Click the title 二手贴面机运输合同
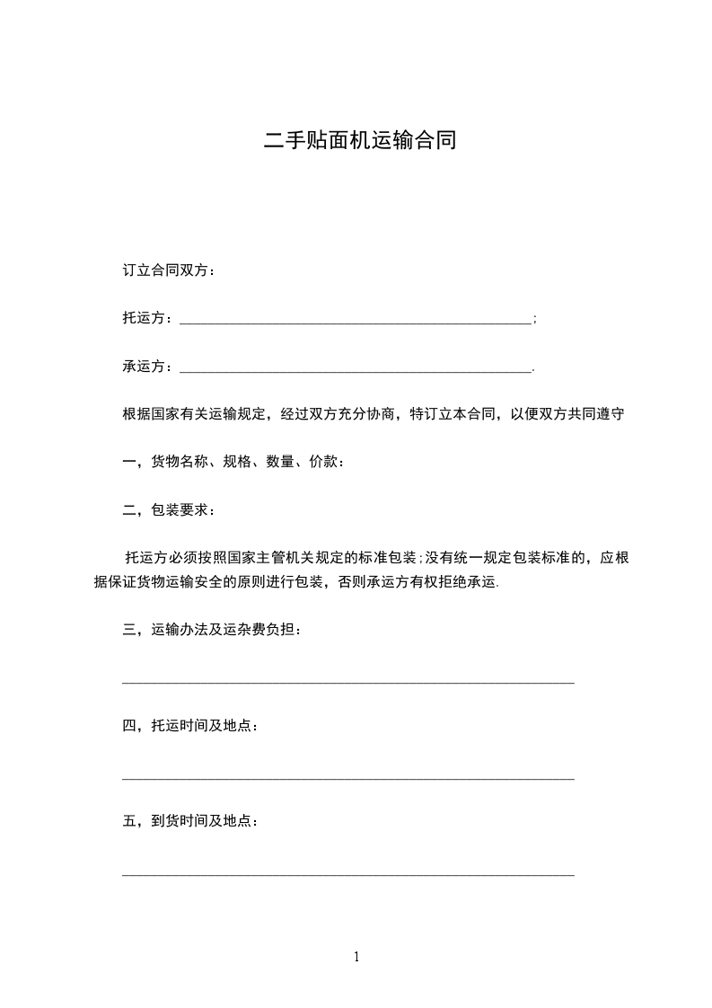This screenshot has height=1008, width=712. [359, 140]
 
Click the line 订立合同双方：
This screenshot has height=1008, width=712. [169, 271]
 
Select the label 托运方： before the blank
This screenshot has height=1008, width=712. [149, 319]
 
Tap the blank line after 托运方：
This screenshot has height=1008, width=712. [356, 320]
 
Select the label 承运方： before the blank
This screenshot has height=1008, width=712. [149, 367]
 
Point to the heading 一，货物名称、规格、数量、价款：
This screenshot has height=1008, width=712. [233, 462]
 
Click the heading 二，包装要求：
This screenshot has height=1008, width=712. [169, 510]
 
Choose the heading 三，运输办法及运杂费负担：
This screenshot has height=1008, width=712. [213, 630]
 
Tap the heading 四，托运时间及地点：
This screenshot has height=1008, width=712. [191, 725]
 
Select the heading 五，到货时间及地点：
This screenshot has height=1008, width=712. [191, 821]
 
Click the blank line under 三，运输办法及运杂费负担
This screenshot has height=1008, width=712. [347, 682]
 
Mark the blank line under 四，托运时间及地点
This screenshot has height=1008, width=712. [347, 778]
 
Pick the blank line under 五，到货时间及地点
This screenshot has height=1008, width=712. [347, 873]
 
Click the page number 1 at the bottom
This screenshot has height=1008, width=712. [356, 957]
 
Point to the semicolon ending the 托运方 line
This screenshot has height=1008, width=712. [535, 320]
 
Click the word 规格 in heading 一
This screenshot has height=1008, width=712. [237, 462]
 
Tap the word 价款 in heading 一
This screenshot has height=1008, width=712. [324, 462]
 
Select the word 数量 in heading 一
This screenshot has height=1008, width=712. [281, 462]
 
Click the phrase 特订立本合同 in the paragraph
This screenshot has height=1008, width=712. [453, 414]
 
